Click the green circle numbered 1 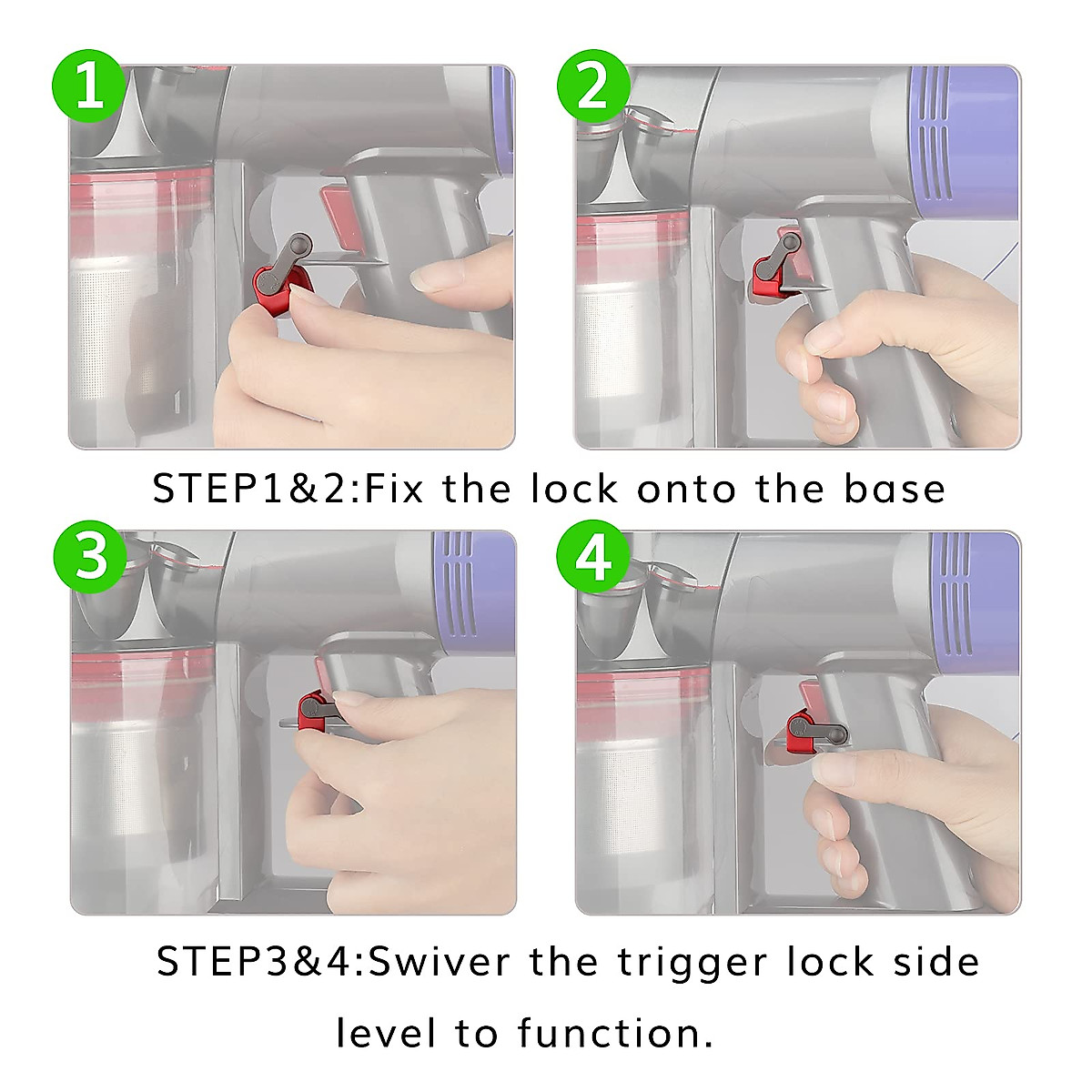[88, 86]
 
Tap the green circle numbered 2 [593, 86]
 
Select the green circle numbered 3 [89, 557]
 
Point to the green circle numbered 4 [593, 557]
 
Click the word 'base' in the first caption [895, 489]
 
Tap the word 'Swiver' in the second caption [440, 962]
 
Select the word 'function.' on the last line [615, 1033]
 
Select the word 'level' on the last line [389, 1033]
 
